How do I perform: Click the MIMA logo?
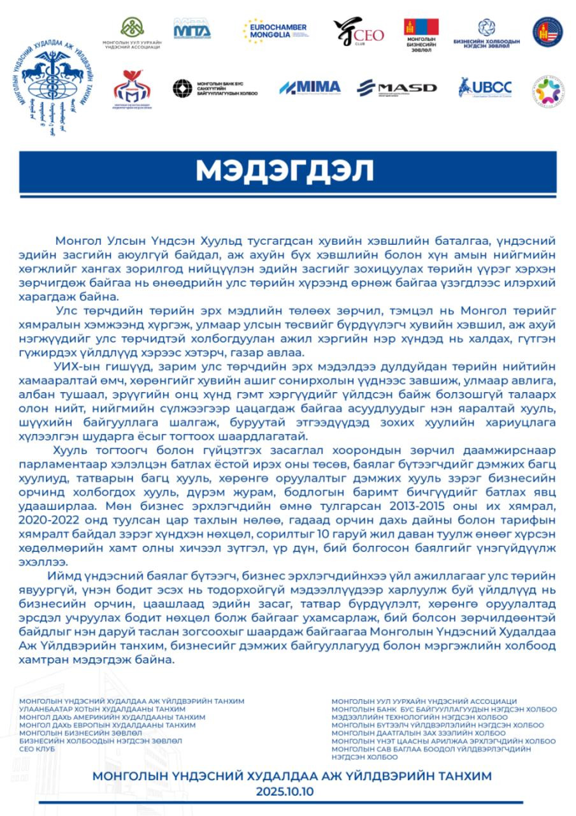(310, 88)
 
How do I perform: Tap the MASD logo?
(396, 88)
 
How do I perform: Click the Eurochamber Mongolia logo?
(275, 31)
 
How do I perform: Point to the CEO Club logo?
(358, 32)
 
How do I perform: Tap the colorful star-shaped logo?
(547, 91)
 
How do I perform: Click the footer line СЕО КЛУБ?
(37, 748)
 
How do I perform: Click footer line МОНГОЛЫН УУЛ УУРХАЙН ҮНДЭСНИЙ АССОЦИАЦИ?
(424, 701)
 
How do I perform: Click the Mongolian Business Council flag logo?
(421, 35)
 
